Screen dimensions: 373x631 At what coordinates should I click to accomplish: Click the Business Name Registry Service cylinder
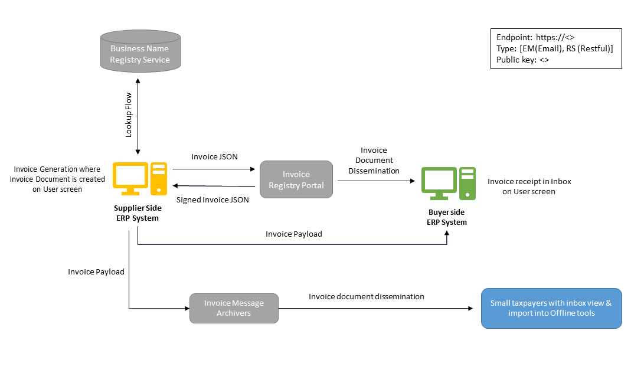[140, 54]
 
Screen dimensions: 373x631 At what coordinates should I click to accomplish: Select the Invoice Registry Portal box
[296, 180]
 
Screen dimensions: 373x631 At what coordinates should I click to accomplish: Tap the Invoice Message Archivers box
[234, 308]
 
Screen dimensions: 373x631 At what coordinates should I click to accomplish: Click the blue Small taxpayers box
[551, 307]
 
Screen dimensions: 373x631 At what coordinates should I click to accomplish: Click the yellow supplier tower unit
[158, 178]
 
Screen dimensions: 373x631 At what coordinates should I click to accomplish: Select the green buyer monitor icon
[439, 183]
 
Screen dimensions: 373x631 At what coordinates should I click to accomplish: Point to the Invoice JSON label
[214, 157]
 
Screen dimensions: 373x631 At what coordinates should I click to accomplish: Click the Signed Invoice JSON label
[212, 199]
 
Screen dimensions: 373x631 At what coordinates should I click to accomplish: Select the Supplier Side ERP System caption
[138, 213]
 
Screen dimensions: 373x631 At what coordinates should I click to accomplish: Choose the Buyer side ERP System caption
[447, 217]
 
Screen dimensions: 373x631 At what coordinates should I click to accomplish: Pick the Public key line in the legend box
[523, 60]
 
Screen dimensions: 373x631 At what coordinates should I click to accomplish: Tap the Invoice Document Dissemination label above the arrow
[374, 161]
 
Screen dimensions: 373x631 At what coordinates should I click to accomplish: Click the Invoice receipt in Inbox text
[529, 186]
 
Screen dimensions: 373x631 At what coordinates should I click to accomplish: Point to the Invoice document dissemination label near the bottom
[367, 296]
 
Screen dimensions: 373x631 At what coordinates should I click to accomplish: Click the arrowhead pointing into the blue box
[470, 308]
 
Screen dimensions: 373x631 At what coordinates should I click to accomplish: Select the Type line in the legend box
[555, 48]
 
